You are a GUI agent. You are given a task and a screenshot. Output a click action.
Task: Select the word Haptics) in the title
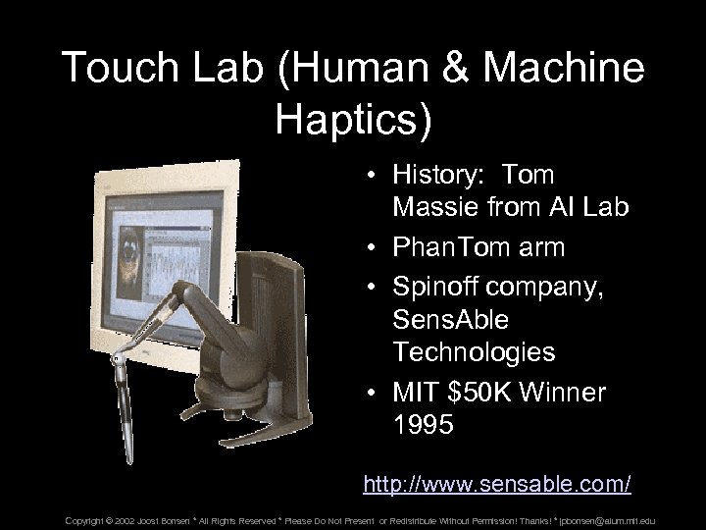click(353, 115)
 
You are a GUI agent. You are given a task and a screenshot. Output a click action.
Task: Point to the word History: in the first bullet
click(440, 176)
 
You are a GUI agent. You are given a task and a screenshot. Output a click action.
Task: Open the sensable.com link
click(496, 484)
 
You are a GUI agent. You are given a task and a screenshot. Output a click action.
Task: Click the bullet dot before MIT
click(376, 393)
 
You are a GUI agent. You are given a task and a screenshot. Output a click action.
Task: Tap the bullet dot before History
click(376, 176)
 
